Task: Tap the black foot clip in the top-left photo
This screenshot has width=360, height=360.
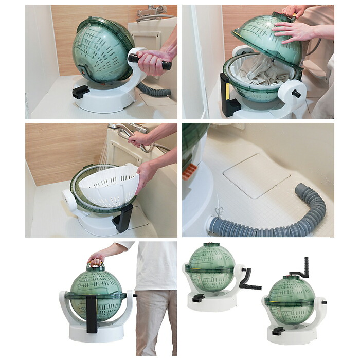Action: (80, 92)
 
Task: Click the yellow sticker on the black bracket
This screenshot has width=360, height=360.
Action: (228, 91)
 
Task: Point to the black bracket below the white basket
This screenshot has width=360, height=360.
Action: (123, 219)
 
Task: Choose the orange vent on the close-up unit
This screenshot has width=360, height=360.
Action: (189, 171)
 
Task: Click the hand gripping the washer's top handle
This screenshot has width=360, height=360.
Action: (96, 258)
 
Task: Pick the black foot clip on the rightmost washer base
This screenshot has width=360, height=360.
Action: (278, 331)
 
